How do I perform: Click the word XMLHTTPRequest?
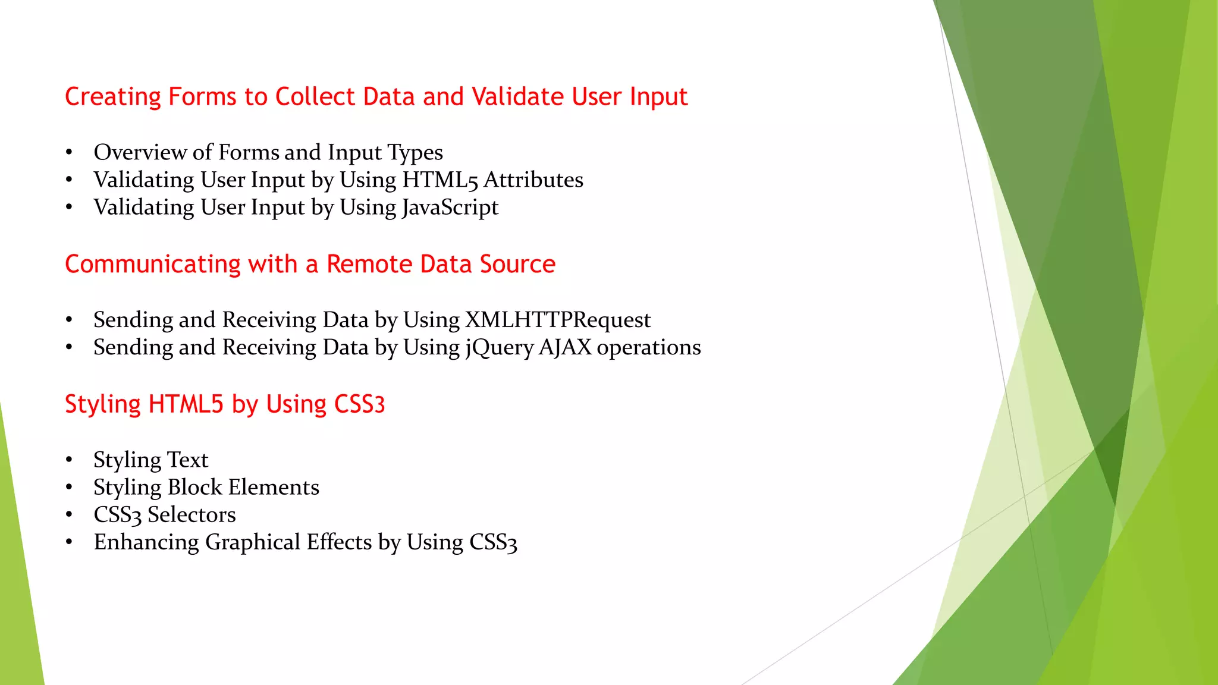[x=558, y=320]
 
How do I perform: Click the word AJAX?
[x=565, y=347]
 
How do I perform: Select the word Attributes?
[x=533, y=180]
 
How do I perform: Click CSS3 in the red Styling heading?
[x=359, y=404]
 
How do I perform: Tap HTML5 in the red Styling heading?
[x=186, y=404]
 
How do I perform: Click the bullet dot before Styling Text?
[x=69, y=460]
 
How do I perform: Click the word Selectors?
[x=192, y=515]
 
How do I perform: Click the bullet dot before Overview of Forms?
[x=69, y=153]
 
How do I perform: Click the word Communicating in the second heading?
[x=152, y=265]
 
